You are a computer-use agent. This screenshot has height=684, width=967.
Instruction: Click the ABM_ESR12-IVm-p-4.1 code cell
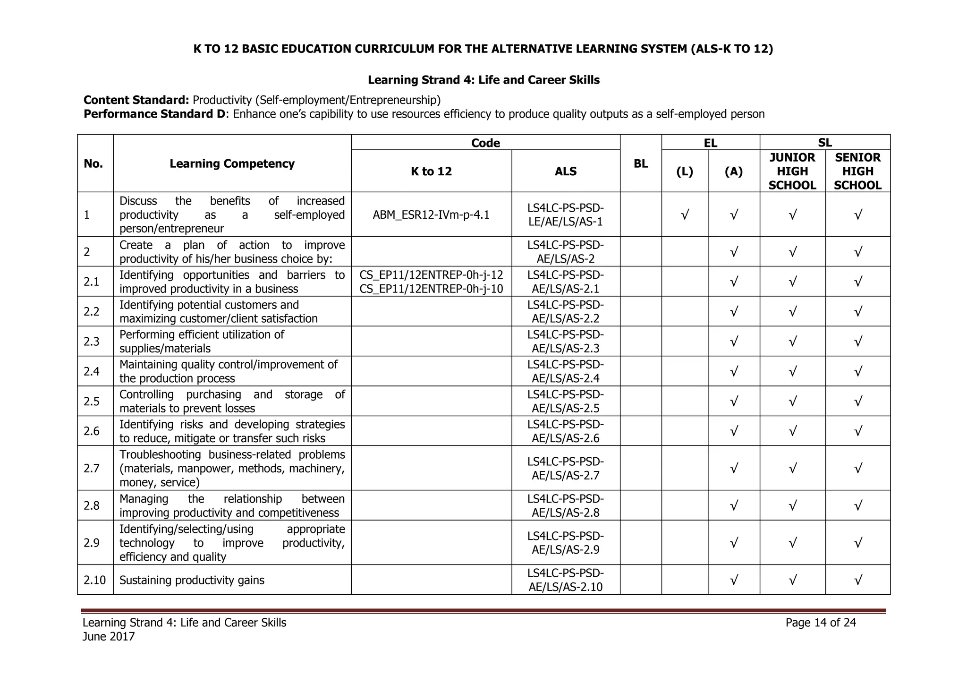431,215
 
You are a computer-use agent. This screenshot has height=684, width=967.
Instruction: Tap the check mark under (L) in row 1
685,215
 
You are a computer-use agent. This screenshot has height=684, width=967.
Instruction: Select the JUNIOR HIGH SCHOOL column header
792,171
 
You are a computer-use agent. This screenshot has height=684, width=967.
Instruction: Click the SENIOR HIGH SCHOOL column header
857,171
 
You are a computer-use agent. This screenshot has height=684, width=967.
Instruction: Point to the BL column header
640,163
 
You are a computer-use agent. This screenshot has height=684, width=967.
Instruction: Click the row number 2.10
95,580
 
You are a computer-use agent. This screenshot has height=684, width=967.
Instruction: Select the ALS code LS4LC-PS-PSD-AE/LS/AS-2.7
565,468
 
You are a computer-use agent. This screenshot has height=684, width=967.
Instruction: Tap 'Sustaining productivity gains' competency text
192,580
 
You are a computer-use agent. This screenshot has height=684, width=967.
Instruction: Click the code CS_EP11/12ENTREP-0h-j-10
431,289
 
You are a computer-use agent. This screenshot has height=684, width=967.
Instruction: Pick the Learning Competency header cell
232,163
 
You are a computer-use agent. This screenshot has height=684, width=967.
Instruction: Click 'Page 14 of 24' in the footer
820,623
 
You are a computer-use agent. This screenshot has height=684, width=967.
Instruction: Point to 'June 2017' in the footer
109,637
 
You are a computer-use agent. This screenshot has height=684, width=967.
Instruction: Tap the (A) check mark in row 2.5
734,402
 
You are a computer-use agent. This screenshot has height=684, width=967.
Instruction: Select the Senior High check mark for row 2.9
858,543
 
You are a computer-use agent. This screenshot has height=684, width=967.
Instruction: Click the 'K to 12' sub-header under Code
431,171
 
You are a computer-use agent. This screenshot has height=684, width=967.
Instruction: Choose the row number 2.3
92,342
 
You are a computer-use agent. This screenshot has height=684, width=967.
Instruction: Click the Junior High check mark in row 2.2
792,312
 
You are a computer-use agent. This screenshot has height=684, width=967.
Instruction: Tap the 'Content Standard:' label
136,100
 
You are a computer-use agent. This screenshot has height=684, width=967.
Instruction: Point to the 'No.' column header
93,163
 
